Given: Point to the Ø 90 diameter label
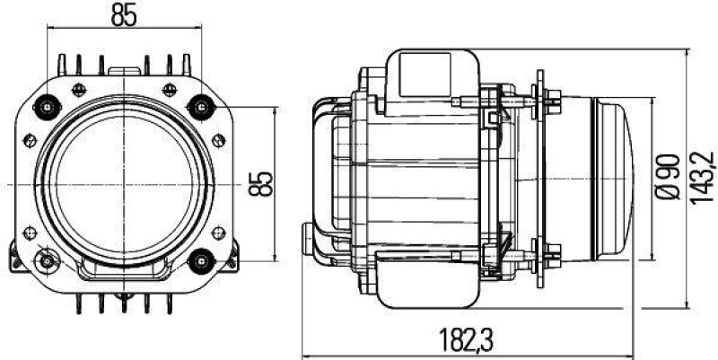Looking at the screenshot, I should coord(665,180).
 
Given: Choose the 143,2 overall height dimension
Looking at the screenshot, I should coord(701,180).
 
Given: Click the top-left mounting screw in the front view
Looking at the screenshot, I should coord(45,108).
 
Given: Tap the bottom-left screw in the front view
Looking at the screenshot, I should coord(45,261).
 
